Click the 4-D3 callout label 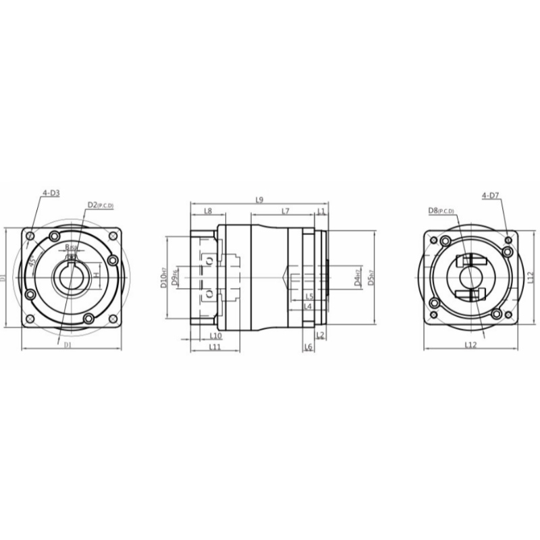[x=51, y=194]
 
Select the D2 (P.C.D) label [x=101, y=205]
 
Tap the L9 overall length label [x=259, y=199]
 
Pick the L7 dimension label [x=286, y=211]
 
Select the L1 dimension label [x=321, y=211]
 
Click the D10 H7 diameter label [x=163, y=277]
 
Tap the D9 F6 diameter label [x=175, y=277]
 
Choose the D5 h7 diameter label [x=369, y=277]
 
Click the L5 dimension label [x=308, y=296]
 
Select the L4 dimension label [x=307, y=306]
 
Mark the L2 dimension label [x=321, y=335]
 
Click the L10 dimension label [x=216, y=335]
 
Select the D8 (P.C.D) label [x=441, y=211]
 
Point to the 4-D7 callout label [x=490, y=195]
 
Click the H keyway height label [x=97, y=276]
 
